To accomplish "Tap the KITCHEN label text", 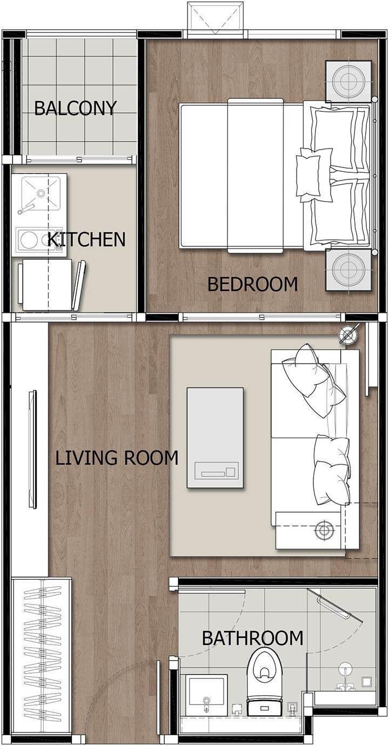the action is [x=86, y=239].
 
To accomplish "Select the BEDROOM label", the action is [x=252, y=284].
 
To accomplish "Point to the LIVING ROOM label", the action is [x=117, y=458].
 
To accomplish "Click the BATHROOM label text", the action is [x=253, y=638].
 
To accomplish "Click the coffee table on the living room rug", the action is [x=215, y=438].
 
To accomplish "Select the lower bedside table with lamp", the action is [x=348, y=270].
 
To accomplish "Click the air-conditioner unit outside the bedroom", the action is [x=217, y=17].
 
